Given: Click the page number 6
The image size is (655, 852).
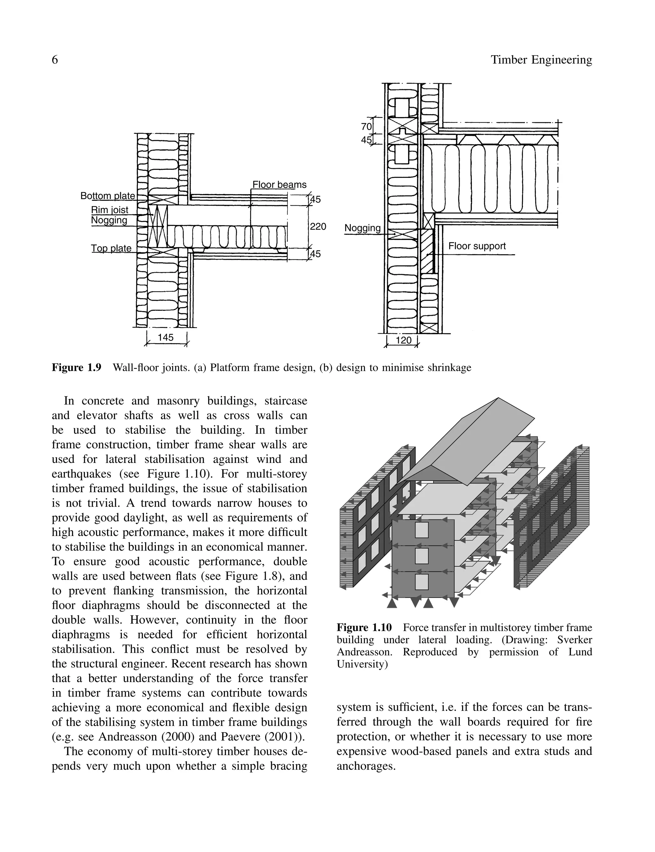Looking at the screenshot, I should (55, 60).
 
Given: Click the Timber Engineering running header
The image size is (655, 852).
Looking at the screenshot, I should (541, 60).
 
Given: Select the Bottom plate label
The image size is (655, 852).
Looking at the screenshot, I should (107, 196).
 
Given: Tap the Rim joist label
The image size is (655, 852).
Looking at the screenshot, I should (110, 210).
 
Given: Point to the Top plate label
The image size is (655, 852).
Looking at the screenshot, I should (111, 248).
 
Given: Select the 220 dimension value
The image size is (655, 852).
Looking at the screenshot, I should (318, 227).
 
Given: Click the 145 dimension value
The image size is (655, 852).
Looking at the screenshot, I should (166, 337).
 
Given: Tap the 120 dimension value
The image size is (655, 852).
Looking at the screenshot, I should (404, 340).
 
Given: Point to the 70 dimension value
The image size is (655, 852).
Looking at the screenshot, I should (366, 127).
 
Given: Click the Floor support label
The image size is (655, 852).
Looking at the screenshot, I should (477, 246).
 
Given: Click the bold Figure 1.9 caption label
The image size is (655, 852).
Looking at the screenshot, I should (77, 368).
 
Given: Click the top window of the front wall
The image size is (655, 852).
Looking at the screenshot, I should (422, 530).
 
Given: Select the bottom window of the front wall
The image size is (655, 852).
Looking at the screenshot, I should (422, 582).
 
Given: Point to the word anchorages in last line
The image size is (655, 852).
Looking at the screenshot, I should (366, 766).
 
